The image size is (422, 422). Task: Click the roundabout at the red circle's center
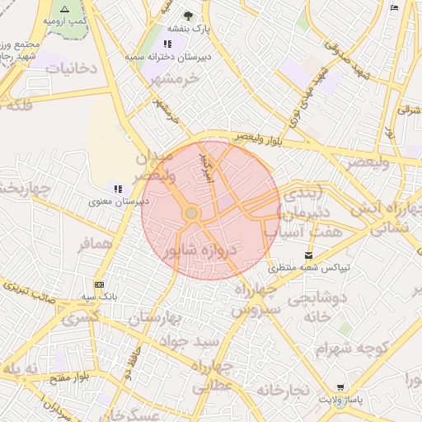(x=191, y=213)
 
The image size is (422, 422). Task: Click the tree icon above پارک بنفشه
(x=189, y=16)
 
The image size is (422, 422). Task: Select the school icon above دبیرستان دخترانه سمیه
(x=168, y=44)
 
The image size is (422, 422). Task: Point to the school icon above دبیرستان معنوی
(x=119, y=188)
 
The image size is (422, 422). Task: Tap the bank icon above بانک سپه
(x=99, y=284)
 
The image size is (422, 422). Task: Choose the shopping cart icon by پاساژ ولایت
(x=340, y=387)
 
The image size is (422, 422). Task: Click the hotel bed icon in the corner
(x=394, y=7)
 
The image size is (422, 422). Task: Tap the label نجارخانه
(x=281, y=388)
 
